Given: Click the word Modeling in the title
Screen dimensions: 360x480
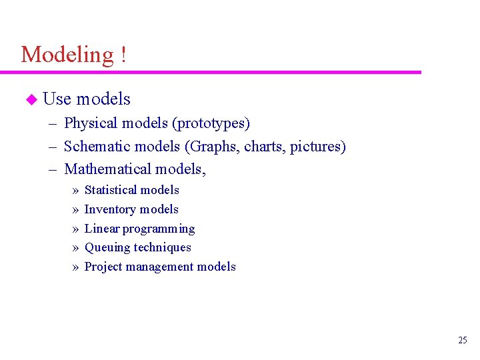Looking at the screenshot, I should tap(67, 54).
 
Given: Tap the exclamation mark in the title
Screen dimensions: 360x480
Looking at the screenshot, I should tap(124, 54).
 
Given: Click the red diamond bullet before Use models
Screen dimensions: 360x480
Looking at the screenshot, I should tap(29, 99).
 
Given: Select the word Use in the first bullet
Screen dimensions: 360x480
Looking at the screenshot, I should tap(57, 99).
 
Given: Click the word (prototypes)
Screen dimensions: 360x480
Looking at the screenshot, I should tap(211, 123).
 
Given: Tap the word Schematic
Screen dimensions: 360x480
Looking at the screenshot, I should tap(95, 147).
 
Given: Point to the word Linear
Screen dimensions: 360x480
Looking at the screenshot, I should tap(101, 229).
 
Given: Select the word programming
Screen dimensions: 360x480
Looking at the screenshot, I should tap(159, 229).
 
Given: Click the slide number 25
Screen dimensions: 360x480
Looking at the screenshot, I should tap(463, 341).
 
